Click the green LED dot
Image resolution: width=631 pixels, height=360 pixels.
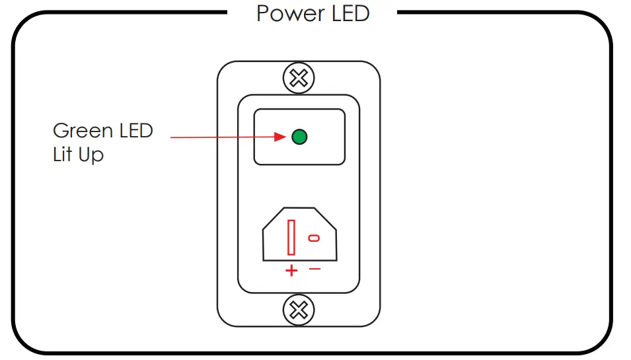299,137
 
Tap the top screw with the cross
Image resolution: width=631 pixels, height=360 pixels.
299,79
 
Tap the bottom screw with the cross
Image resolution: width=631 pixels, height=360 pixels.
299,309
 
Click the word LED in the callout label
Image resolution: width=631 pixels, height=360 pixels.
136,130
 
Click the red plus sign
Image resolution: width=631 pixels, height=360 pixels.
291,270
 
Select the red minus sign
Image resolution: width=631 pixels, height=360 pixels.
315,269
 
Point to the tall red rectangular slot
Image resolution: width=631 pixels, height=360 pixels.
291,238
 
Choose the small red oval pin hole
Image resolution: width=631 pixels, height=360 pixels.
314,238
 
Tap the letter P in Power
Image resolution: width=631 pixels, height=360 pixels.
262,13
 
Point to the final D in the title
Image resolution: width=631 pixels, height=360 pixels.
361,13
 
